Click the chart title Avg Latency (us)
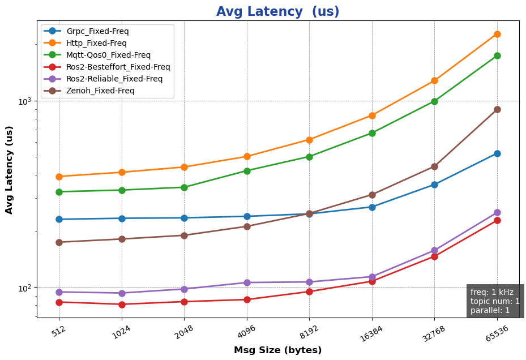click(277, 12)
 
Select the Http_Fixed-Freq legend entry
click(96, 43)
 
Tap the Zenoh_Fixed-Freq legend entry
click(100, 91)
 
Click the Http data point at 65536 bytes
click(497, 34)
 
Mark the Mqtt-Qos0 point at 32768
click(434, 101)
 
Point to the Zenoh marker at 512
click(59, 242)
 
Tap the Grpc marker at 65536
click(497, 153)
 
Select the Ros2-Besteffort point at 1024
click(122, 305)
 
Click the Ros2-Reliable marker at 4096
click(247, 282)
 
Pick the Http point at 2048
click(184, 167)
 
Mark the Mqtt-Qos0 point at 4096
click(247, 170)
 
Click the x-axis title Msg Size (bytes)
click(277, 350)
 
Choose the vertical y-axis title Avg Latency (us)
click(9, 178)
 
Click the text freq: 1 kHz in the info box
click(491, 292)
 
